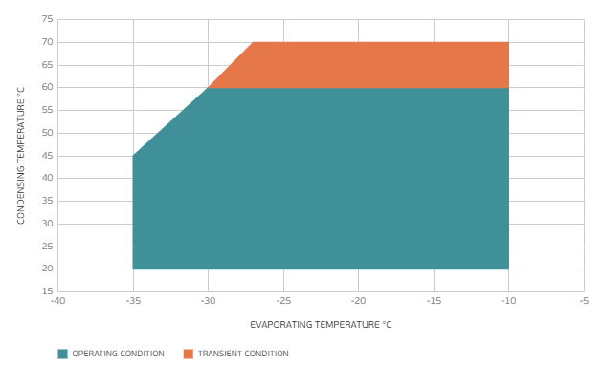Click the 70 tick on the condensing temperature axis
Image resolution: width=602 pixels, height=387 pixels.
pyautogui.click(x=47, y=43)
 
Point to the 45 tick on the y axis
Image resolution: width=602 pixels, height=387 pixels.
pyautogui.click(x=47, y=156)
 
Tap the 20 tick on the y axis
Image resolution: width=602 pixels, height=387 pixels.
pyautogui.click(x=47, y=269)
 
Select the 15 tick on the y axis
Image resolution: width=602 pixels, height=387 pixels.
pyautogui.click(x=47, y=291)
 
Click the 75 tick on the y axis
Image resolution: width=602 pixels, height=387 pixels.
pyautogui.click(x=47, y=20)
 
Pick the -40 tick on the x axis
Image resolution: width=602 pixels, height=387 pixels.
pyautogui.click(x=57, y=301)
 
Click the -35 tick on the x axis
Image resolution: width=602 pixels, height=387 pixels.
pyautogui.click(x=133, y=301)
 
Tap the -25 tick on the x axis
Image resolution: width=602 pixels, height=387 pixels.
pyautogui.click(x=282, y=301)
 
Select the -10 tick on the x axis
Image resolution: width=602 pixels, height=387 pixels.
pyautogui.click(x=508, y=301)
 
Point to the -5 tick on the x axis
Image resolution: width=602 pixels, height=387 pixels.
pyautogui.click(x=583, y=301)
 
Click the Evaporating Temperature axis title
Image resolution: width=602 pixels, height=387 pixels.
pyautogui.click(x=321, y=325)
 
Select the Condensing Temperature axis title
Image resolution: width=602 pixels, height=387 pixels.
pyautogui.click(x=20, y=155)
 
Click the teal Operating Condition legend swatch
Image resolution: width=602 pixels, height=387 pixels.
pyautogui.click(x=62, y=354)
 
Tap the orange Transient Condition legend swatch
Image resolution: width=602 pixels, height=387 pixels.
pyautogui.click(x=189, y=354)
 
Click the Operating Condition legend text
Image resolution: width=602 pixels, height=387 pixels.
pyautogui.click(x=119, y=354)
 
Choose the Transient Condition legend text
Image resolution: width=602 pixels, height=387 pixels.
pyautogui.click(x=243, y=354)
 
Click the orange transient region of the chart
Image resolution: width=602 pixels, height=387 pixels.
pyautogui.click(x=373, y=65)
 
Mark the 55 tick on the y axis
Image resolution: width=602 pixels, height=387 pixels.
pyautogui.click(x=47, y=111)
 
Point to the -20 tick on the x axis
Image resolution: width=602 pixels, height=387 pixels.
pyautogui.click(x=358, y=301)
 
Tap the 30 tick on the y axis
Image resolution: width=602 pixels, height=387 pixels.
pyautogui.click(x=47, y=224)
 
